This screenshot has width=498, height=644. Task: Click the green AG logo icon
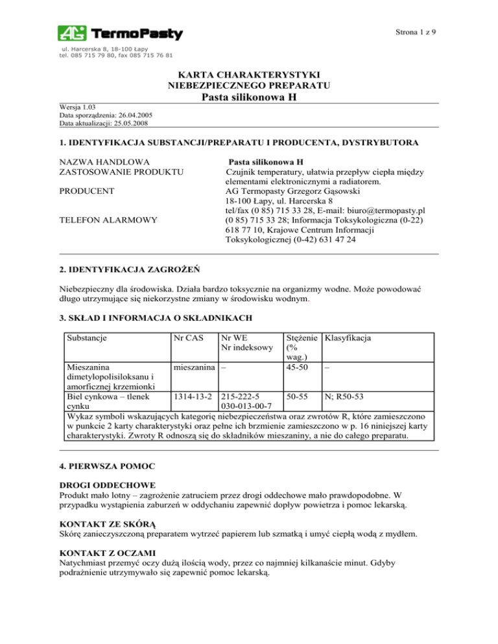click(71, 33)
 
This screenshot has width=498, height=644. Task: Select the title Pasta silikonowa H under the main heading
click(249, 97)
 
